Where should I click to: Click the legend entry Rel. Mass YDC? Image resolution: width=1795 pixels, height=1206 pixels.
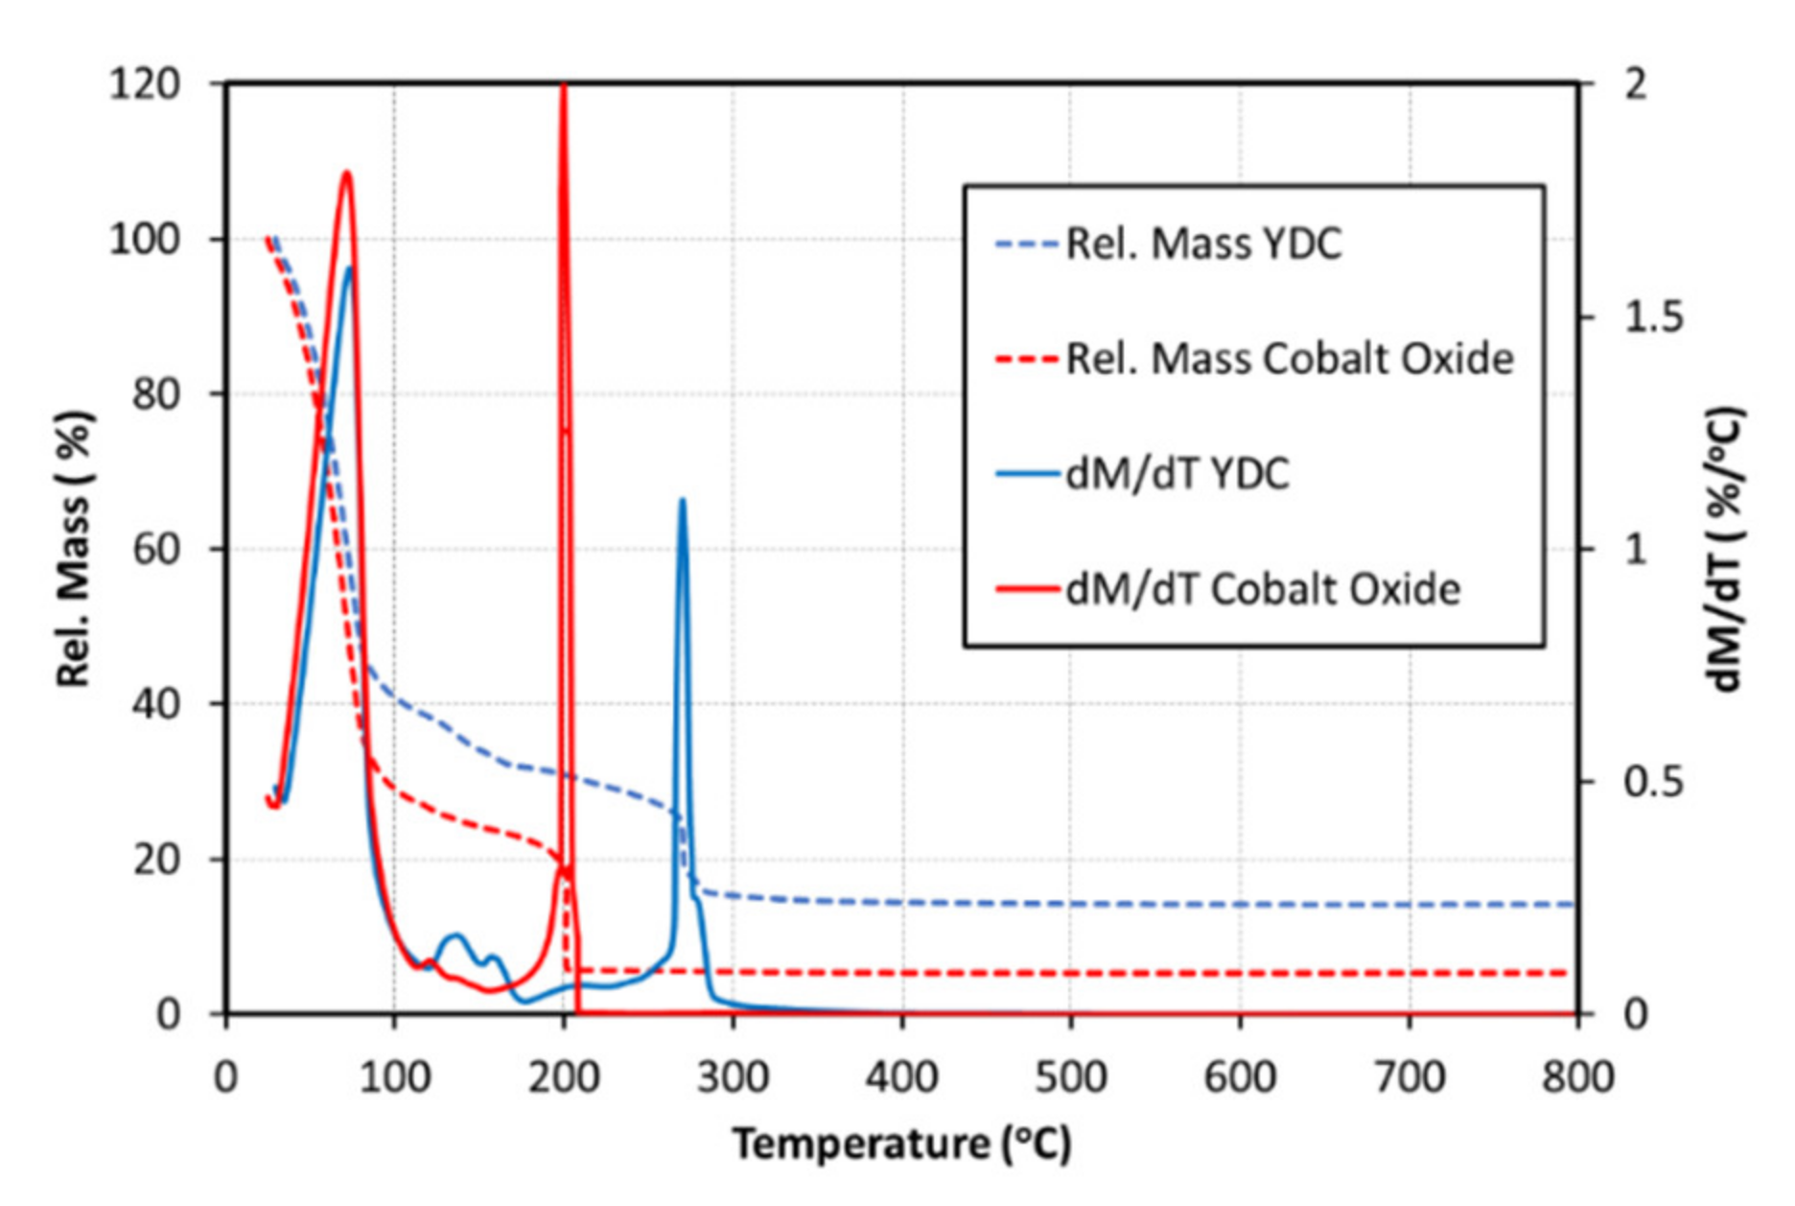(x=1203, y=244)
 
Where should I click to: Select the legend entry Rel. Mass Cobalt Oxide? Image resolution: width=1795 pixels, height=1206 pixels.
(x=1290, y=359)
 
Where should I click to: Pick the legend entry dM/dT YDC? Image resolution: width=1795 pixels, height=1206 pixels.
(x=1177, y=474)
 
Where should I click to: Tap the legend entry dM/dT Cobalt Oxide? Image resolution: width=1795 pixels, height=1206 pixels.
(x=1263, y=589)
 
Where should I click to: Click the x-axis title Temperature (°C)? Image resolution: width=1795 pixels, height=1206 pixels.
(x=901, y=1144)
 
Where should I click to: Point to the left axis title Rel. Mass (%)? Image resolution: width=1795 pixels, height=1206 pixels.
(x=74, y=549)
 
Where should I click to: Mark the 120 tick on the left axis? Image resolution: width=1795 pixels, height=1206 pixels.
(x=145, y=84)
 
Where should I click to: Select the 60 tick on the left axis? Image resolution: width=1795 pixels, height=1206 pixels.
(x=155, y=549)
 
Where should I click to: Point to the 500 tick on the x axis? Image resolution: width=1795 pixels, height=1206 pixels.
(x=1071, y=1076)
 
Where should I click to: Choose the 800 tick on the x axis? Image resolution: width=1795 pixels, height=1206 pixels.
(x=1577, y=1076)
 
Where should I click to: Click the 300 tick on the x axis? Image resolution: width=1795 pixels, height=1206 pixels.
(x=733, y=1076)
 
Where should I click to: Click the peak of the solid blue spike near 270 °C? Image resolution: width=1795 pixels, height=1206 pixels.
(x=682, y=500)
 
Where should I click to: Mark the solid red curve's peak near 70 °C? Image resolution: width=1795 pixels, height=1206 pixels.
(x=347, y=173)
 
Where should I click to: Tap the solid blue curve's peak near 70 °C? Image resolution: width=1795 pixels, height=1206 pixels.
(x=350, y=268)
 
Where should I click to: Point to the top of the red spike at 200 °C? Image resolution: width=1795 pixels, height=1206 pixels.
(x=564, y=86)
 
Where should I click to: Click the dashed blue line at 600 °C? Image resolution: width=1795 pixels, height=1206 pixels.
(x=1240, y=904)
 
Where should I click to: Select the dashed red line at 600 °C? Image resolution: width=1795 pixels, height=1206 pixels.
(x=1240, y=973)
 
